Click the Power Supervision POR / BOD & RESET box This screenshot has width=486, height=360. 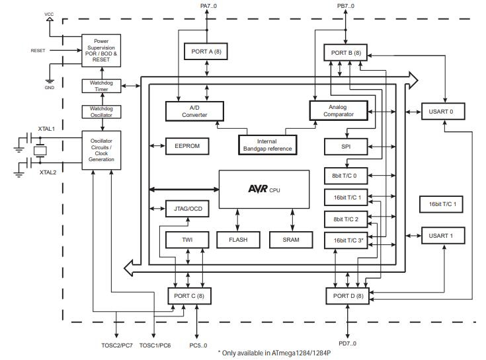tap(101, 49)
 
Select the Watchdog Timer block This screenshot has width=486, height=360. tap(101, 86)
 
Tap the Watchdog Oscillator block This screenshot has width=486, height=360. tap(101, 112)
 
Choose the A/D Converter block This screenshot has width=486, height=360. tap(194, 111)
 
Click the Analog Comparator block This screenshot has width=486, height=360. tap(339, 110)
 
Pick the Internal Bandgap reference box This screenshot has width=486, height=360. tap(267, 145)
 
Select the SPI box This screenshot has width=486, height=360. tap(345, 147)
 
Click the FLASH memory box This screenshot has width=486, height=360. tap(237, 240)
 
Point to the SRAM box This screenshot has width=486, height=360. tap(290, 240)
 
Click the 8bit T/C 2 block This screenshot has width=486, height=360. tap(346, 219)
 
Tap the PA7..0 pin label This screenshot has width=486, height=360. tap(209, 6)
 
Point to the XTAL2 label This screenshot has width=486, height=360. tap(48, 172)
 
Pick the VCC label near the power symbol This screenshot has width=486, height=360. tap(50, 14)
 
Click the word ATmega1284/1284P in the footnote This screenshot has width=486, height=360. tap(301, 353)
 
